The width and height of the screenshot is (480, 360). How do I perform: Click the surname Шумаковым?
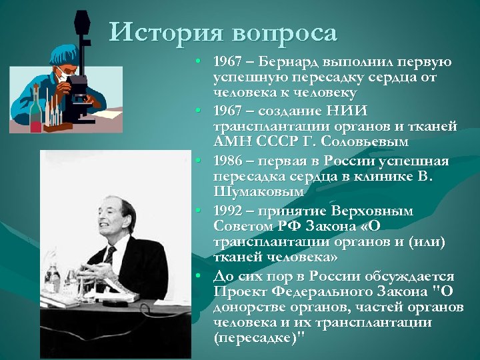tap(257, 191)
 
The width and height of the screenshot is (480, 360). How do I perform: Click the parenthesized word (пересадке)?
tap(256, 337)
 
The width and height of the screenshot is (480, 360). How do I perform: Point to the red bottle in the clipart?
tap(37, 110)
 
